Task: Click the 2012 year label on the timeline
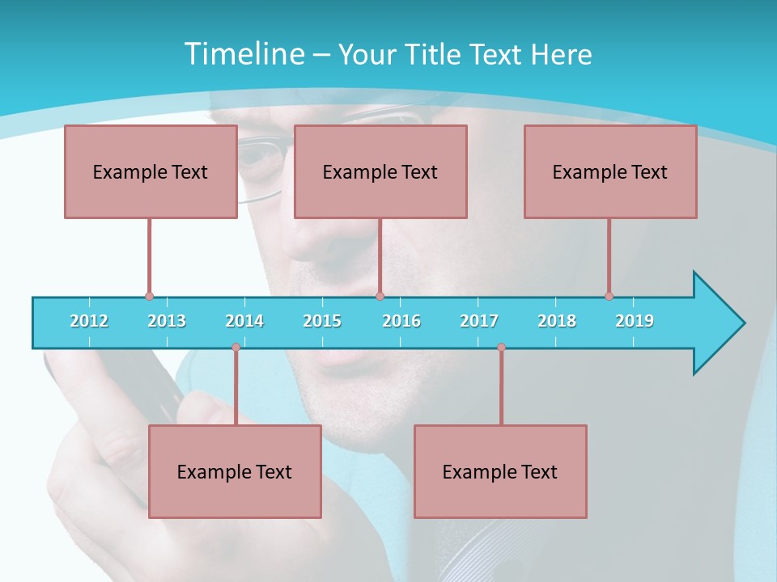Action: point(89,321)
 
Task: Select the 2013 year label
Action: point(167,321)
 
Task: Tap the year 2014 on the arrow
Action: point(244,321)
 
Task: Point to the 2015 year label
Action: point(322,321)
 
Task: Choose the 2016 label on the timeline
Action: point(401,321)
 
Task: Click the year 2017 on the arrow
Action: point(479,321)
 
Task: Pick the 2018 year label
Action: point(557,321)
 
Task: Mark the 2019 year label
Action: point(635,321)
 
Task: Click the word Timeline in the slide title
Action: point(242,54)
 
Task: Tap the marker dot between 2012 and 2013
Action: point(149,296)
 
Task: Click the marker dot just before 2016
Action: point(380,296)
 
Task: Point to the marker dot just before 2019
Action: point(609,296)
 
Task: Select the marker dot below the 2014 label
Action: point(236,348)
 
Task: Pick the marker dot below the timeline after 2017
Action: point(501,348)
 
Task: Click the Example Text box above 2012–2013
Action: point(151,171)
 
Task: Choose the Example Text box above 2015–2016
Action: point(380,171)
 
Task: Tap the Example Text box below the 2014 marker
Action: point(235,471)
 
